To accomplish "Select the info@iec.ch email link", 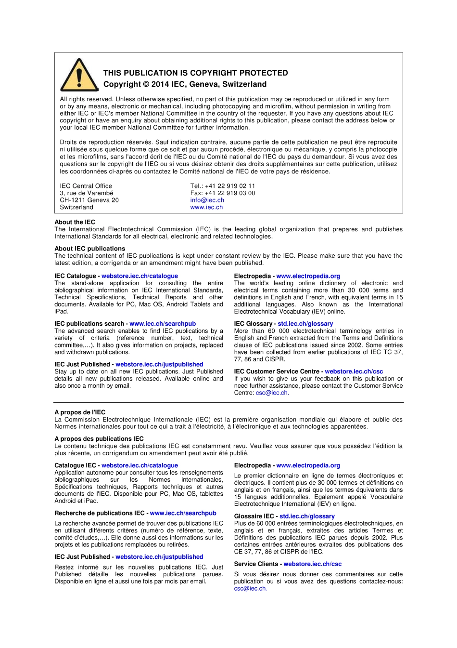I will coord(207,200).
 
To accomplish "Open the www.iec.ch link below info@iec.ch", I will coord(206,208).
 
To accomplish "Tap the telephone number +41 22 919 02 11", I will coord(230,186).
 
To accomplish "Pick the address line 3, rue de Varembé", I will coord(87,193).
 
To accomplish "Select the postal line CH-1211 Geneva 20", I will coord(89,200).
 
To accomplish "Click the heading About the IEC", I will coord(75,222).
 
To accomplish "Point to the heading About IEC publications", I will coord(89,249).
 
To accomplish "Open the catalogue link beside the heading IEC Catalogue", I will coord(140,276).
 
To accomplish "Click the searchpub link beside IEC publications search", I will coord(163,324).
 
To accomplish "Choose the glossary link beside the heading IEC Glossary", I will coord(305,324).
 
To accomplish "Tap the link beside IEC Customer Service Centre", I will coord(354,371).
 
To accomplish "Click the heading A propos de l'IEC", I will coord(80,412).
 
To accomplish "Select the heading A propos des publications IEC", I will coord(99,439).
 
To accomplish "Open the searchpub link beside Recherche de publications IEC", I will coord(183,513).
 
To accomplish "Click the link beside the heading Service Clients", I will coord(312,564).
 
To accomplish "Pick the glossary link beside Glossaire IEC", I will coord(307,516).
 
